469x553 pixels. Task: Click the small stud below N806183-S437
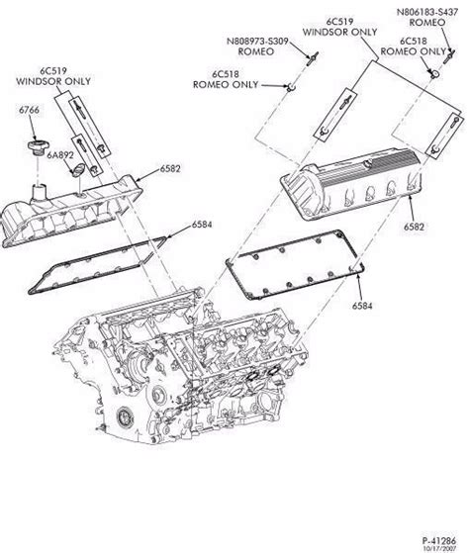pos(431,72)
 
